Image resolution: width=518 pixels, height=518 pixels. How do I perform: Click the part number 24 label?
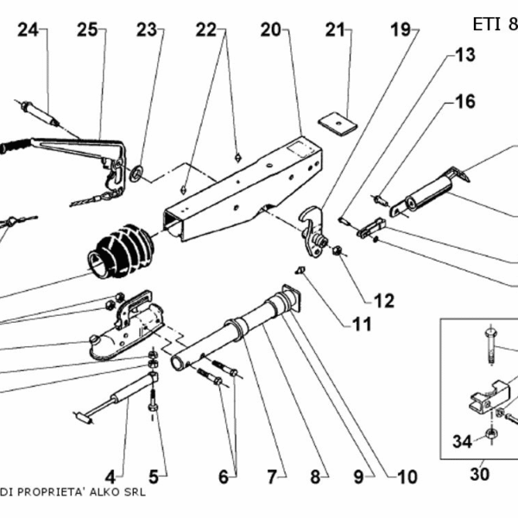coord(28,30)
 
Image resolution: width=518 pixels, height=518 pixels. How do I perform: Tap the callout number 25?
coord(86,30)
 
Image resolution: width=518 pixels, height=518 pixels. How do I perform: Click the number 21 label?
coord(335,30)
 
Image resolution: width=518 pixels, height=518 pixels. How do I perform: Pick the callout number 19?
coord(401,30)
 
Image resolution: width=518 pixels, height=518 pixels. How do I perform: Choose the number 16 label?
coord(464,102)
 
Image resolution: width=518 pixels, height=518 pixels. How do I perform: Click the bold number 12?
coord(383,300)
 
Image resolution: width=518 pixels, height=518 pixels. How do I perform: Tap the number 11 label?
coord(361,325)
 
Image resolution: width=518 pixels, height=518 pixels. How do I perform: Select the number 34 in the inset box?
coord(463,442)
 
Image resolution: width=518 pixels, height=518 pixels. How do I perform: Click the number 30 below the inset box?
coord(479,473)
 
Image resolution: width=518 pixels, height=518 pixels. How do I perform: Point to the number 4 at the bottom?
coord(110,475)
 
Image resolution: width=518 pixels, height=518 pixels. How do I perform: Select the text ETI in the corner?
coord(487,23)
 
